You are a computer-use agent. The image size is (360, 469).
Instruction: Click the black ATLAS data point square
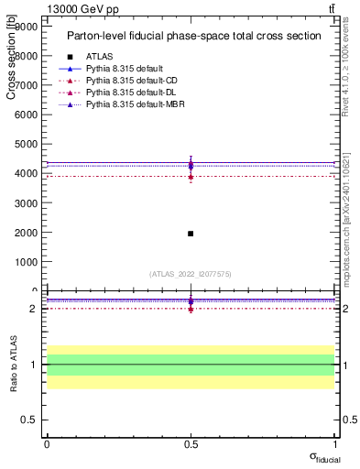(191, 234)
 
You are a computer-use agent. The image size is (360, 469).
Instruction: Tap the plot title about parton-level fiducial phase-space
(193, 36)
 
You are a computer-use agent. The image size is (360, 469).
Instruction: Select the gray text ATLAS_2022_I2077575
(190, 273)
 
